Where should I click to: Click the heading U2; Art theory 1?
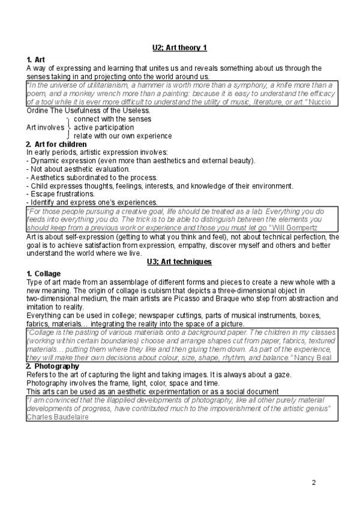click(179, 47)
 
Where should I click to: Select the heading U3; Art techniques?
click(179, 262)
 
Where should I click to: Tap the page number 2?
click(313, 483)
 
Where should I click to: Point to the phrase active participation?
click(104, 127)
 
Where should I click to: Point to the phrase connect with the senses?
click(112, 119)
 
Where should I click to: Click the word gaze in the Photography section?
click(282, 375)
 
